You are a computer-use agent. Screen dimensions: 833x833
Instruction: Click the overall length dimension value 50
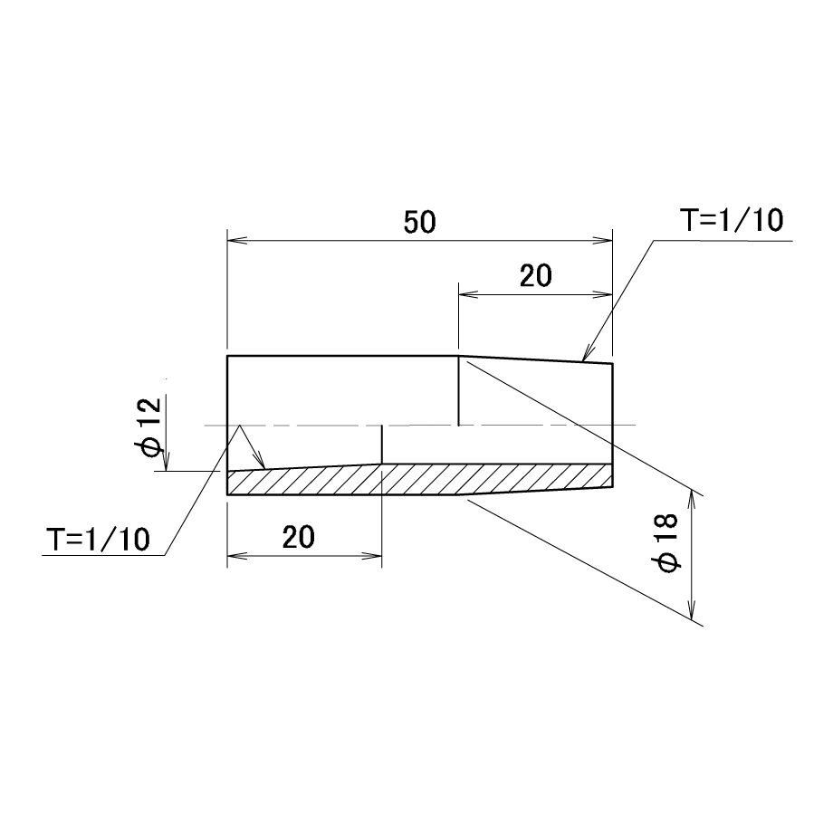click(x=420, y=222)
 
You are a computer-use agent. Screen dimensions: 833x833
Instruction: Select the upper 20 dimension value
click(x=535, y=276)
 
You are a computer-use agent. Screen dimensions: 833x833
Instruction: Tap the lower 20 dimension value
click(x=299, y=537)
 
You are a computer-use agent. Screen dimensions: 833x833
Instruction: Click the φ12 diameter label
click(x=149, y=426)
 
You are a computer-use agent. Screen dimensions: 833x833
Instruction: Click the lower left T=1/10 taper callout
click(x=98, y=540)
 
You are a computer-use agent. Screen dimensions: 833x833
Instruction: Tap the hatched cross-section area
click(x=420, y=479)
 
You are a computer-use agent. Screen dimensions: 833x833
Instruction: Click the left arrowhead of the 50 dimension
click(x=237, y=241)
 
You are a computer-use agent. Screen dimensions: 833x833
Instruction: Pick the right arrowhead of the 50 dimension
click(x=603, y=241)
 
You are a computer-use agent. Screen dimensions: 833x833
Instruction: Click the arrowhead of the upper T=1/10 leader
click(x=587, y=354)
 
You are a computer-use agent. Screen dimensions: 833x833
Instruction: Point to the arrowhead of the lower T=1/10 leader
click(x=260, y=461)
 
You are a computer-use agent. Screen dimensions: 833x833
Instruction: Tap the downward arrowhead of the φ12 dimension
click(x=167, y=461)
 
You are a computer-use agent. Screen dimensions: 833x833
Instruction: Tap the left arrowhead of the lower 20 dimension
click(x=237, y=556)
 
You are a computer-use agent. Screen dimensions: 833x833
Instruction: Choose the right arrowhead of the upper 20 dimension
click(x=603, y=294)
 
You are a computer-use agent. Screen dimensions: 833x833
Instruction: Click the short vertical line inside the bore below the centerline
click(x=382, y=445)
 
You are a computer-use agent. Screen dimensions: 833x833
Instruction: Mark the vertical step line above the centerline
click(x=458, y=390)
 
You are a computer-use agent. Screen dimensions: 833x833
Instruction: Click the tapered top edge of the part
click(x=535, y=359)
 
